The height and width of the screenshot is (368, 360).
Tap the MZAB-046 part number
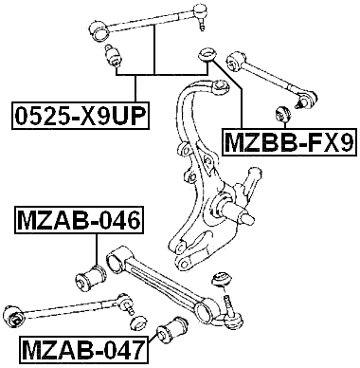(x=79, y=223)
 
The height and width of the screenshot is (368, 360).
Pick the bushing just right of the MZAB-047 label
(x=173, y=332)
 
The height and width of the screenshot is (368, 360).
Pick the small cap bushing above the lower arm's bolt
(x=225, y=279)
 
